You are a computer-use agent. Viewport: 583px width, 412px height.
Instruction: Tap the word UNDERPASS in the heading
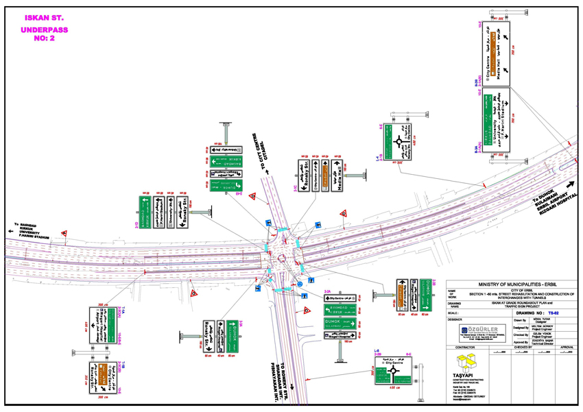43,31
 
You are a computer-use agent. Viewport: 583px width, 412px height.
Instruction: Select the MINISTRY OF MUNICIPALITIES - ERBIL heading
510,284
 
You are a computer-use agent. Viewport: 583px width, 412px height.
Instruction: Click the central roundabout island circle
281,258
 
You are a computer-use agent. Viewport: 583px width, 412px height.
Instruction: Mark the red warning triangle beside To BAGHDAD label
64,234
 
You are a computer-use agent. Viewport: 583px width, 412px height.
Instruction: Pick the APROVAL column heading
567,348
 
